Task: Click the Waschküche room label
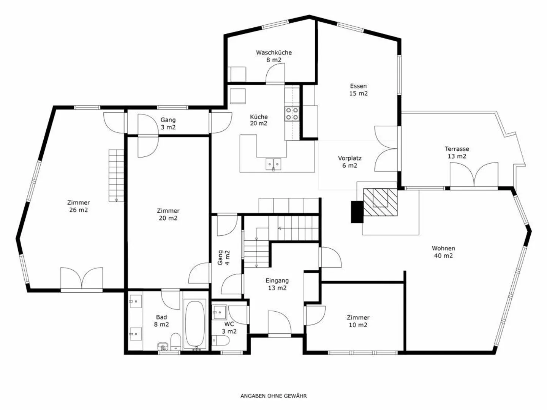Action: coord(273,56)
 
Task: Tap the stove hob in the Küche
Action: coord(292,114)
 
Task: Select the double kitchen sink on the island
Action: coord(273,164)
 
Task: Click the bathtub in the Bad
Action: coord(195,324)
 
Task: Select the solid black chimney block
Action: coord(357,211)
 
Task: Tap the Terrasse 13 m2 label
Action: coord(457,152)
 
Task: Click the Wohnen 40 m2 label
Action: coord(443,252)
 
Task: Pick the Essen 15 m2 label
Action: coord(358,90)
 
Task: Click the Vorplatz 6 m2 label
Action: coord(349,162)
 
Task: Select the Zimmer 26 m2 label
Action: coord(79,206)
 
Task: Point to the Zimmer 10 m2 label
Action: coord(358,321)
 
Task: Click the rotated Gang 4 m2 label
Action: coord(223,257)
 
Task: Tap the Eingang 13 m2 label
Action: coord(277,284)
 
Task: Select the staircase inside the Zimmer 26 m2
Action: coord(116,175)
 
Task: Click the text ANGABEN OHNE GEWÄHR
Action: coord(273,396)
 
